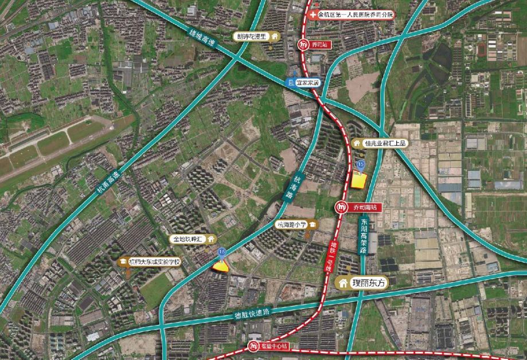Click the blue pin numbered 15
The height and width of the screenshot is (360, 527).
[361, 165]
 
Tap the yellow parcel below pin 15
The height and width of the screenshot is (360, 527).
[359, 180]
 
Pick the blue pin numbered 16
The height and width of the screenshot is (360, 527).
[221, 252]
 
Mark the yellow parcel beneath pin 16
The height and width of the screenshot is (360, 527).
[220, 265]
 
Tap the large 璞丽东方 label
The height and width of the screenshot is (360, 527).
[365, 283]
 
